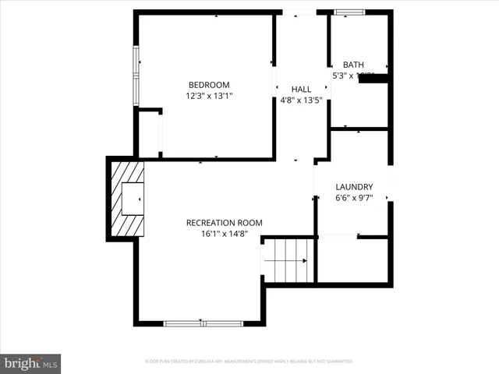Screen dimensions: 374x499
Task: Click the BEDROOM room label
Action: (x=209, y=85)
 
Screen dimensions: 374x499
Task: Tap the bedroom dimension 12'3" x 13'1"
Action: (x=209, y=97)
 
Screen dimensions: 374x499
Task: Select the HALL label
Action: (x=301, y=90)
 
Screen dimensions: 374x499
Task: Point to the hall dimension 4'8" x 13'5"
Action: (x=301, y=101)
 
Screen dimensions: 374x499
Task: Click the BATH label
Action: (x=353, y=65)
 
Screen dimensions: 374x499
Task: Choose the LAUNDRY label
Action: (x=354, y=187)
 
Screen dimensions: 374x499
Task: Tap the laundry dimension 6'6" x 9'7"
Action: (x=354, y=198)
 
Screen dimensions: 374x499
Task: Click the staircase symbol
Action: (x=288, y=260)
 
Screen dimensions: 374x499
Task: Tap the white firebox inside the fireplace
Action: (x=132, y=198)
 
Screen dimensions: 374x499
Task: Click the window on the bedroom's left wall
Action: (x=136, y=76)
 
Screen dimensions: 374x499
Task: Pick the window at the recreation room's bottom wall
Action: (x=203, y=322)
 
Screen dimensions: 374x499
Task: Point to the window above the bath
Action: (x=349, y=12)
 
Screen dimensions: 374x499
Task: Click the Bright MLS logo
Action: (x=31, y=363)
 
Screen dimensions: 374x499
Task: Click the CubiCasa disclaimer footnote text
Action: (x=249, y=362)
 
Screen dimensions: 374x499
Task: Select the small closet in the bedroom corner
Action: (x=149, y=135)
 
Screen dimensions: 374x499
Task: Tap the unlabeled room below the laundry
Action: (x=353, y=260)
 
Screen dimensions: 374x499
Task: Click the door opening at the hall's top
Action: (x=300, y=12)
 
